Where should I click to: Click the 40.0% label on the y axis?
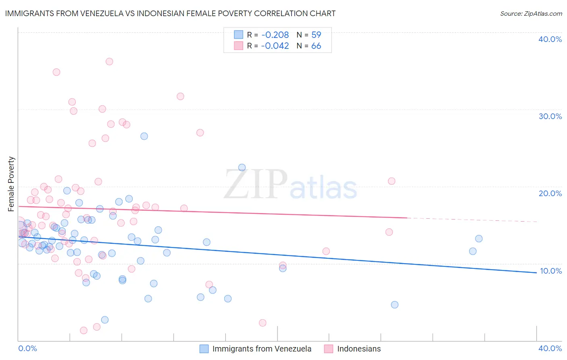click(550, 39)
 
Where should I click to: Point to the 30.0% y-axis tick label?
click(550, 116)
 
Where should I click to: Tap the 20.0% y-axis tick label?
click(550, 193)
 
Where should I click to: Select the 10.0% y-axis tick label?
click(550, 271)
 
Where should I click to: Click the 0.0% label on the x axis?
click(27, 348)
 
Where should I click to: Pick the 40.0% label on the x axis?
click(550, 348)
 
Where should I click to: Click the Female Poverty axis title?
click(11, 184)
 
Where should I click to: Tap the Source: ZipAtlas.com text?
click(531, 13)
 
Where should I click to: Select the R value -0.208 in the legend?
click(275, 35)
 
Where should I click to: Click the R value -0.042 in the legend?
click(275, 46)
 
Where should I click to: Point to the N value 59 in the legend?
click(316, 35)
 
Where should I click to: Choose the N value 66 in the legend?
click(316, 46)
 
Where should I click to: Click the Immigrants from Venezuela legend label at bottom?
click(262, 349)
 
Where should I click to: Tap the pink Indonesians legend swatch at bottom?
click(329, 349)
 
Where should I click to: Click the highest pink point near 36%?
click(109, 62)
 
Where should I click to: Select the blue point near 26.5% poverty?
click(144, 136)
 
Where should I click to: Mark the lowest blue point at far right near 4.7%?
click(394, 305)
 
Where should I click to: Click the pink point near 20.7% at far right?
click(392, 181)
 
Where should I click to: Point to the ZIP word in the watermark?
click(256, 184)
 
